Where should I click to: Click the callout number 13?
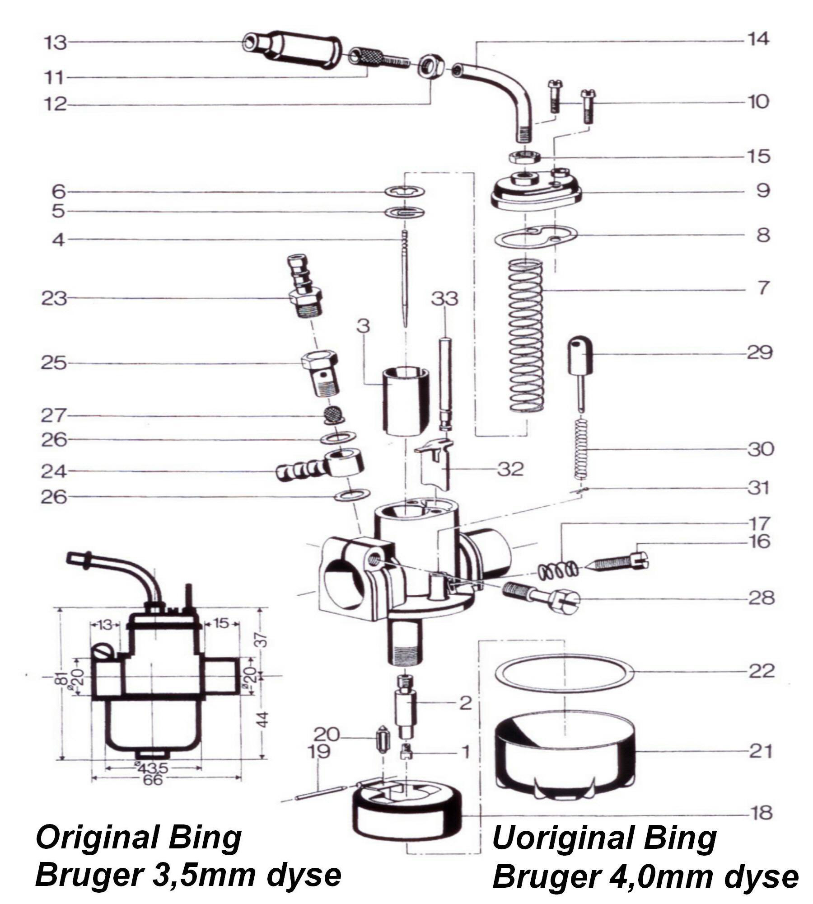pyautogui.click(x=55, y=43)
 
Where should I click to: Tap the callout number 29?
pyautogui.click(x=760, y=353)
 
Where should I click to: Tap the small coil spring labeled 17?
pyautogui.click(x=558, y=570)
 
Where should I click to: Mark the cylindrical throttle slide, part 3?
pyautogui.click(x=406, y=401)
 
